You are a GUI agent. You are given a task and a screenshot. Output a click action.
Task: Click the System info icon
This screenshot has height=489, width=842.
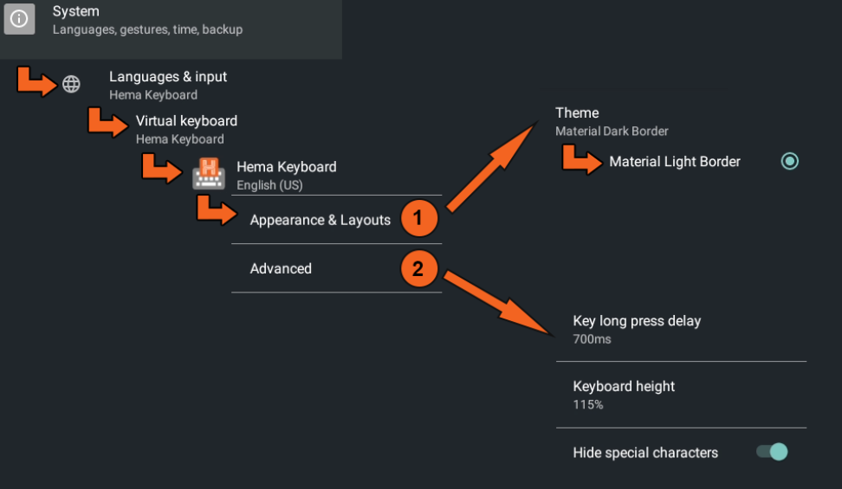coord(19,19)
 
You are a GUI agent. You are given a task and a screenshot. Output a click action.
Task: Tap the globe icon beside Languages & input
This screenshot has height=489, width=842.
coord(71,84)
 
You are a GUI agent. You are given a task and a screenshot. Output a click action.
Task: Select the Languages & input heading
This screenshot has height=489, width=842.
coord(168,77)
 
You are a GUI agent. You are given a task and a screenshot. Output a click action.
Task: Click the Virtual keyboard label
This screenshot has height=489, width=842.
coord(186,121)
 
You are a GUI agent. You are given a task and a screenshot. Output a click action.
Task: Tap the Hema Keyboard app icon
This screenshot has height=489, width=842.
coord(209,174)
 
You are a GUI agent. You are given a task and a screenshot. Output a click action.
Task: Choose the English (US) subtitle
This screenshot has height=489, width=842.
coord(269,185)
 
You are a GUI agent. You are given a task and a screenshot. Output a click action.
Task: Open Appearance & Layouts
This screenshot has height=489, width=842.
coord(320,220)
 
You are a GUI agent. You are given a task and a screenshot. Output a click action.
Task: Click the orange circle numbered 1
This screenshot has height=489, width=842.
coord(419,218)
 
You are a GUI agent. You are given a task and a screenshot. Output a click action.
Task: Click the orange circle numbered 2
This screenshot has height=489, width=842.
coord(419,268)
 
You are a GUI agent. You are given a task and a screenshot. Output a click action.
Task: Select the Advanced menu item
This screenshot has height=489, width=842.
coord(281,268)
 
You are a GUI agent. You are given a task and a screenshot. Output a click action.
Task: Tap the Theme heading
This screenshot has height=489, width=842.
coord(577,113)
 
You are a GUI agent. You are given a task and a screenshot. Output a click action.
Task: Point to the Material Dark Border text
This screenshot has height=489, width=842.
coord(612,132)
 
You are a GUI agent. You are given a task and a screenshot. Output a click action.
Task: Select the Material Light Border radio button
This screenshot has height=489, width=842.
coord(789,161)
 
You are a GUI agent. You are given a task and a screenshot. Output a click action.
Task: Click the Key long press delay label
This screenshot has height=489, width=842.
coord(637,321)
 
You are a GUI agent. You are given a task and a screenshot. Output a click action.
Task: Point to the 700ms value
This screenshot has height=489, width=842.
coord(592,339)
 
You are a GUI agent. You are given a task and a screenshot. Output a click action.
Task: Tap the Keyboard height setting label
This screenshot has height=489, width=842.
coord(624,387)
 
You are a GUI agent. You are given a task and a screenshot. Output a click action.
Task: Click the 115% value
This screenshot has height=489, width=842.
coord(588,405)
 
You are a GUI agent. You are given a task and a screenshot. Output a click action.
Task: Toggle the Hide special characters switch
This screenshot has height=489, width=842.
coord(772,452)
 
